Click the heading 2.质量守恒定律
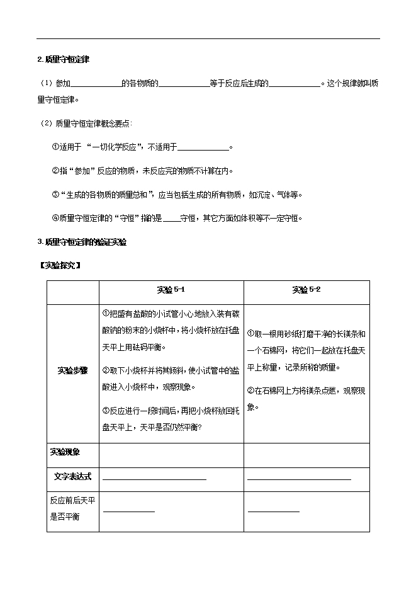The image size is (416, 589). point(63,60)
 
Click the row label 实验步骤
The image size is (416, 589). point(72,370)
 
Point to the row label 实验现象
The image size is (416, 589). point(65,452)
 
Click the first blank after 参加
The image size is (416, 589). point(97,83)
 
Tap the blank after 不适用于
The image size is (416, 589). point(203,148)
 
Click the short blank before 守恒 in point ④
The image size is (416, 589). point(171,219)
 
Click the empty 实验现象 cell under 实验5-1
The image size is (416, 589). point(171,455)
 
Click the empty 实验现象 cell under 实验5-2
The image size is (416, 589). point(306,455)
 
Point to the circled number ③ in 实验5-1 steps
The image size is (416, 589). point(105,410)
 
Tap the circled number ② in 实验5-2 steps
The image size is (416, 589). point(250,391)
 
